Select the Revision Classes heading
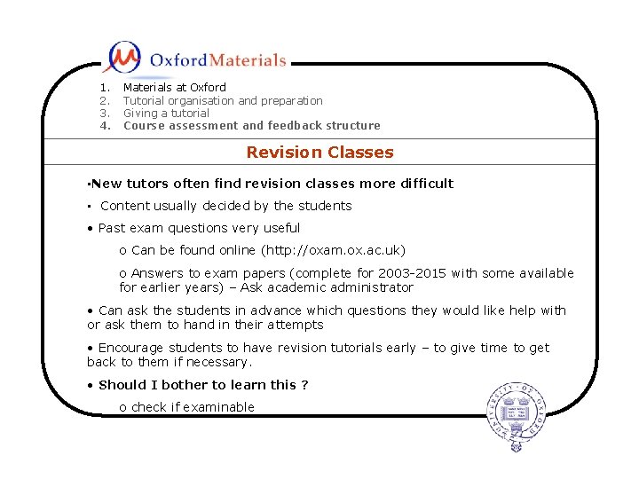(x=319, y=153)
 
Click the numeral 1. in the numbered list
(x=105, y=88)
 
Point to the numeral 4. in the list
(x=105, y=126)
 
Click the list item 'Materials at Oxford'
(x=175, y=88)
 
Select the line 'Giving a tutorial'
(x=166, y=114)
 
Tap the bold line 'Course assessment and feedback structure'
(x=251, y=126)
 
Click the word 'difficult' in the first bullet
(x=424, y=184)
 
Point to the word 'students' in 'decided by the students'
(x=325, y=206)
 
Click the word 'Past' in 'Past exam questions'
(x=112, y=228)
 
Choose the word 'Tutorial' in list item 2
(x=143, y=101)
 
